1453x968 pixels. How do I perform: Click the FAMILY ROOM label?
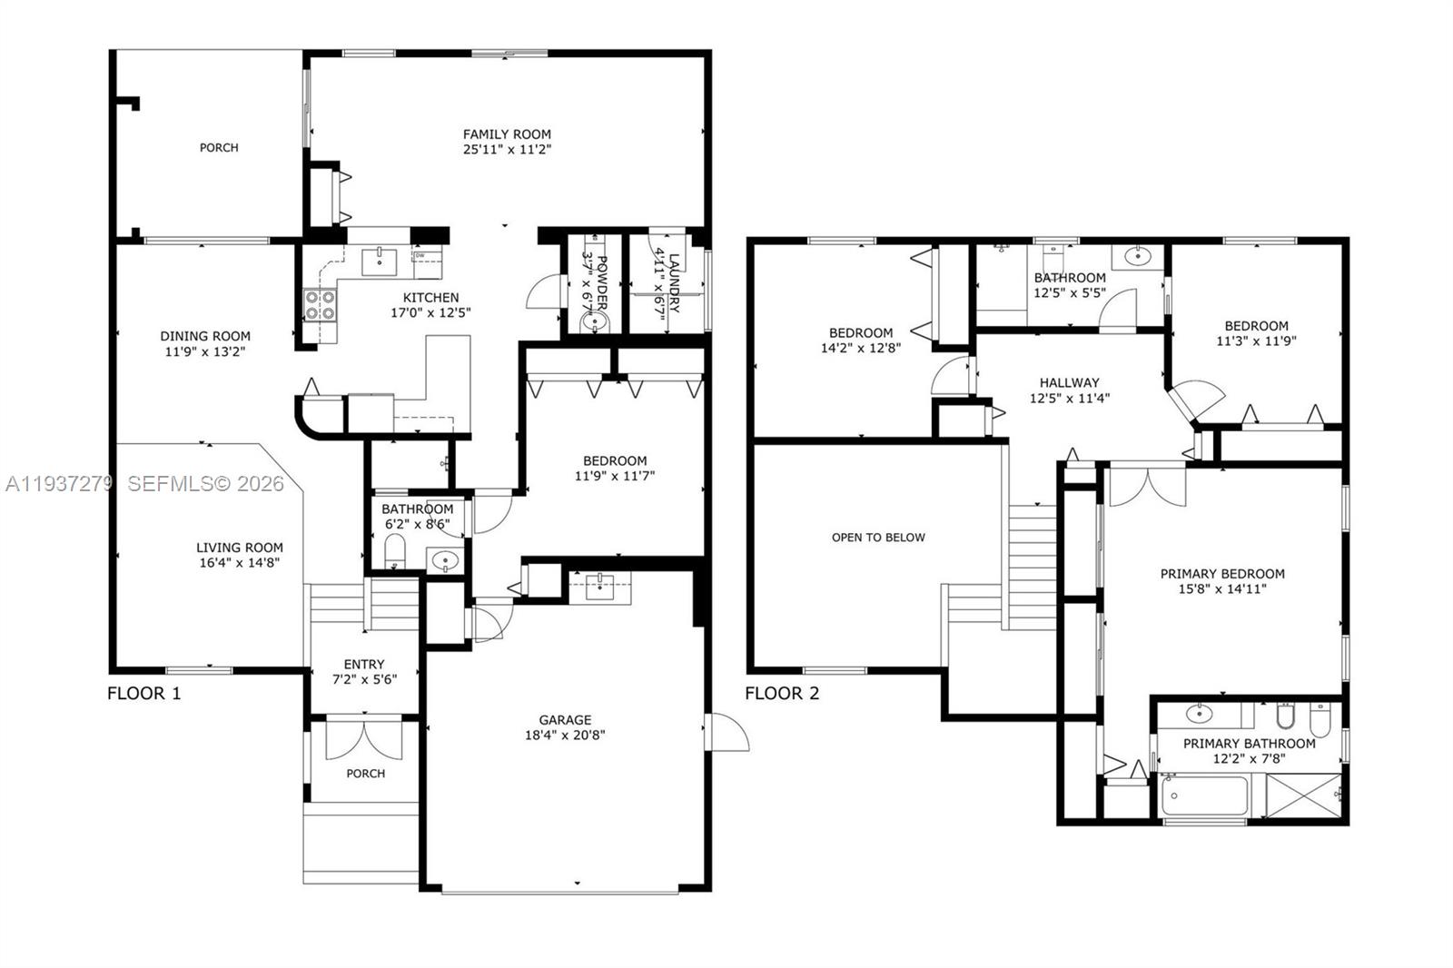(507, 134)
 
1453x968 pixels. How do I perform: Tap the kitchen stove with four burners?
(319, 304)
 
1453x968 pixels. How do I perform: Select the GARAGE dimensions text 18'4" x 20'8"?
(565, 735)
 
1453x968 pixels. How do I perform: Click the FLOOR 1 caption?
(144, 694)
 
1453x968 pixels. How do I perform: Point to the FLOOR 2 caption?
(782, 694)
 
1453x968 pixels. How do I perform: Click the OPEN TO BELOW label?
(878, 538)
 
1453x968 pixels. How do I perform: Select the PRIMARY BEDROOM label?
(1222, 574)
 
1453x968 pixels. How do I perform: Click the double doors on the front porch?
(363, 739)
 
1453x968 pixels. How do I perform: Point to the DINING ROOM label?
(205, 336)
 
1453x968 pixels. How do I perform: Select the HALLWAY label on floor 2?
(1069, 383)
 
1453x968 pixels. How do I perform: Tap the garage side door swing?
(727, 732)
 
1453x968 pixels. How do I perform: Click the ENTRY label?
(364, 665)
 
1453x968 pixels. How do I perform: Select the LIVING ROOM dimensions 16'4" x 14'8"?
(239, 562)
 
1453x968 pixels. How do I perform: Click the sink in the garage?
(599, 588)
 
